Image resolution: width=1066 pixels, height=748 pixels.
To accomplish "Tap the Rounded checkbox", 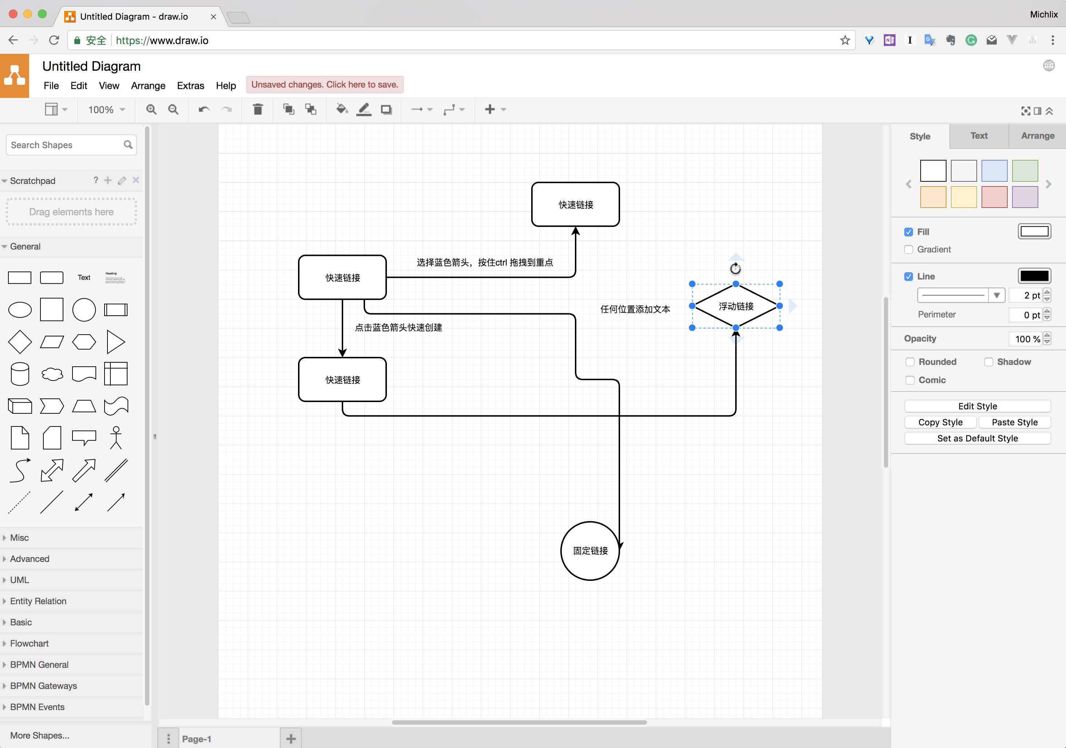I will (x=910, y=362).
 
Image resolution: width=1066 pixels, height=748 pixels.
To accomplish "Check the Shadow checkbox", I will (x=988, y=362).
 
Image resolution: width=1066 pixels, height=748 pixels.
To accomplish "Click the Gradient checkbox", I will (x=909, y=250).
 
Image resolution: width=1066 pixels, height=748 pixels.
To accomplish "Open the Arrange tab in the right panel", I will (x=1037, y=136).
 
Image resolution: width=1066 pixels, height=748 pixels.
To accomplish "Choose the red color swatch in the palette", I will (x=994, y=197).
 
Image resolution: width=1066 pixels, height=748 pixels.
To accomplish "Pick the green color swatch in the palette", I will (x=1025, y=171).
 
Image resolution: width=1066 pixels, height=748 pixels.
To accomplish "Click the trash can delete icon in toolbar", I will (x=258, y=110).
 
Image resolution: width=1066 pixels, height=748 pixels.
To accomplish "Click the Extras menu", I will (x=190, y=85).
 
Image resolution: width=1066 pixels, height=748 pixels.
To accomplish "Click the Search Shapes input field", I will (x=65, y=145).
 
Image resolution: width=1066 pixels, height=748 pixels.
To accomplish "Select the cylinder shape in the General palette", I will (x=20, y=374).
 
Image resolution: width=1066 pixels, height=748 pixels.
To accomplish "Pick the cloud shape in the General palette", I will (x=52, y=374).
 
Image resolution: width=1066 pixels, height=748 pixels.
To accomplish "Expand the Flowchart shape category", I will (x=29, y=643).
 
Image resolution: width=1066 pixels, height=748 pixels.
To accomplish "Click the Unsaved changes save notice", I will (x=325, y=84).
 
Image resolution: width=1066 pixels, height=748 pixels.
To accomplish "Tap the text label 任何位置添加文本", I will (x=635, y=309).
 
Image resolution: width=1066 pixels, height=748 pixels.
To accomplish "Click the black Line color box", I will (x=1034, y=276).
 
